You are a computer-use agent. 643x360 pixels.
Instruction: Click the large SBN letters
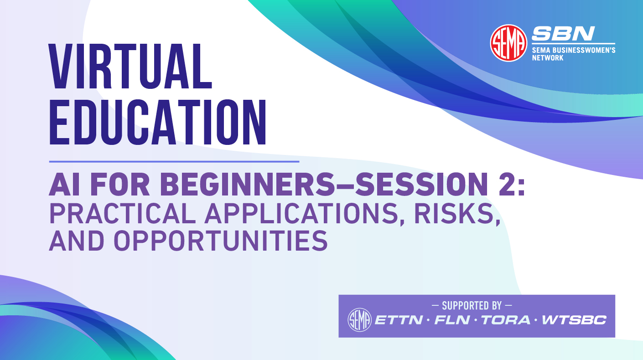[563, 34]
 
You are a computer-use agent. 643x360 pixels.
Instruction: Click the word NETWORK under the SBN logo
[548, 58]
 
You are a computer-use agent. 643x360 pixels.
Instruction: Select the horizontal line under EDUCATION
[174, 161]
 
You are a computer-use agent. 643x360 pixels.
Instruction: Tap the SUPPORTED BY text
[477, 305]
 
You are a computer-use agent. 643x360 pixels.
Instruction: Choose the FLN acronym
[452, 320]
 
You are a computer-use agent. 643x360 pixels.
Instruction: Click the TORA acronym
[506, 320]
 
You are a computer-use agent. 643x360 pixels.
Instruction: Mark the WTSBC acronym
[574, 320]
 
